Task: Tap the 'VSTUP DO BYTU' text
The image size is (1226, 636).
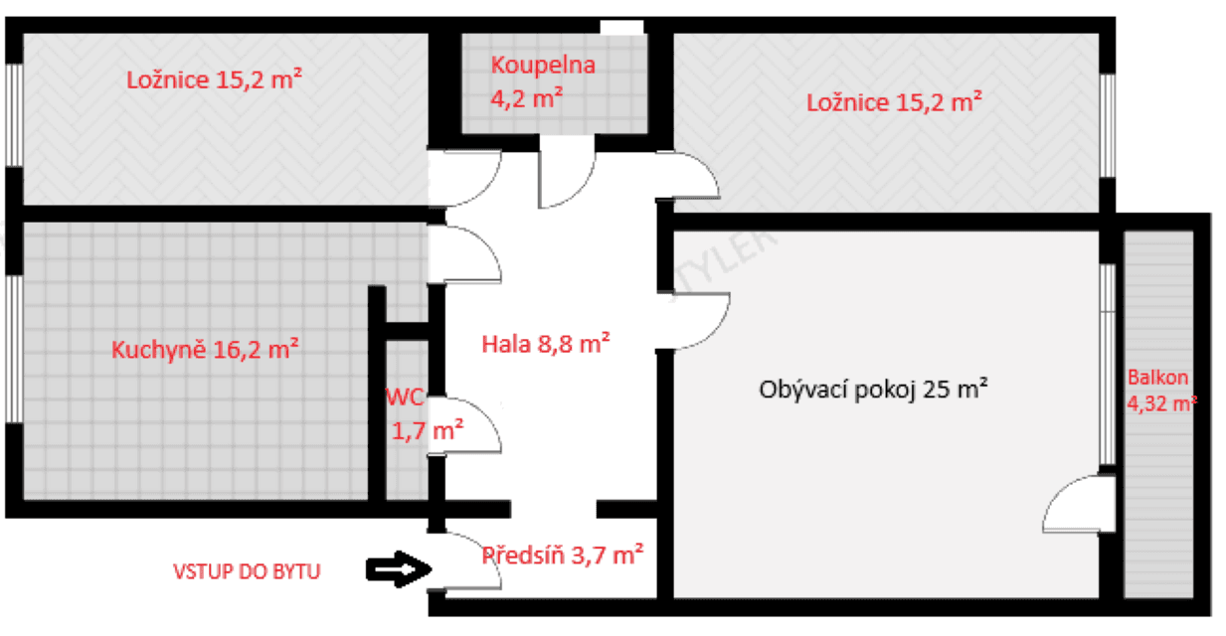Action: tap(248, 571)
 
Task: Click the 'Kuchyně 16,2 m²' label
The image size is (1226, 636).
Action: tap(206, 350)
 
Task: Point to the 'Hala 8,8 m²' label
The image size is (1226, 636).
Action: tap(545, 345)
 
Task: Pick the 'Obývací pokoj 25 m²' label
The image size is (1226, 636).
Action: tap(873, 389)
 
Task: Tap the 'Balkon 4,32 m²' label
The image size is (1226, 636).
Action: tap(1160, 391)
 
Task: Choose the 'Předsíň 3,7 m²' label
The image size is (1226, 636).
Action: tap(563, 555)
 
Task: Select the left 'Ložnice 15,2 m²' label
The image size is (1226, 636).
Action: tap(215, 80)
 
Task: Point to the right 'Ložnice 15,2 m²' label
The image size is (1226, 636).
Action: tap(895, 101)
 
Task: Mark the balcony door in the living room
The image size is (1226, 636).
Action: tap(1074, 505)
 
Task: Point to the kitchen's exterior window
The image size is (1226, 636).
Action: tap(14, 348)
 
